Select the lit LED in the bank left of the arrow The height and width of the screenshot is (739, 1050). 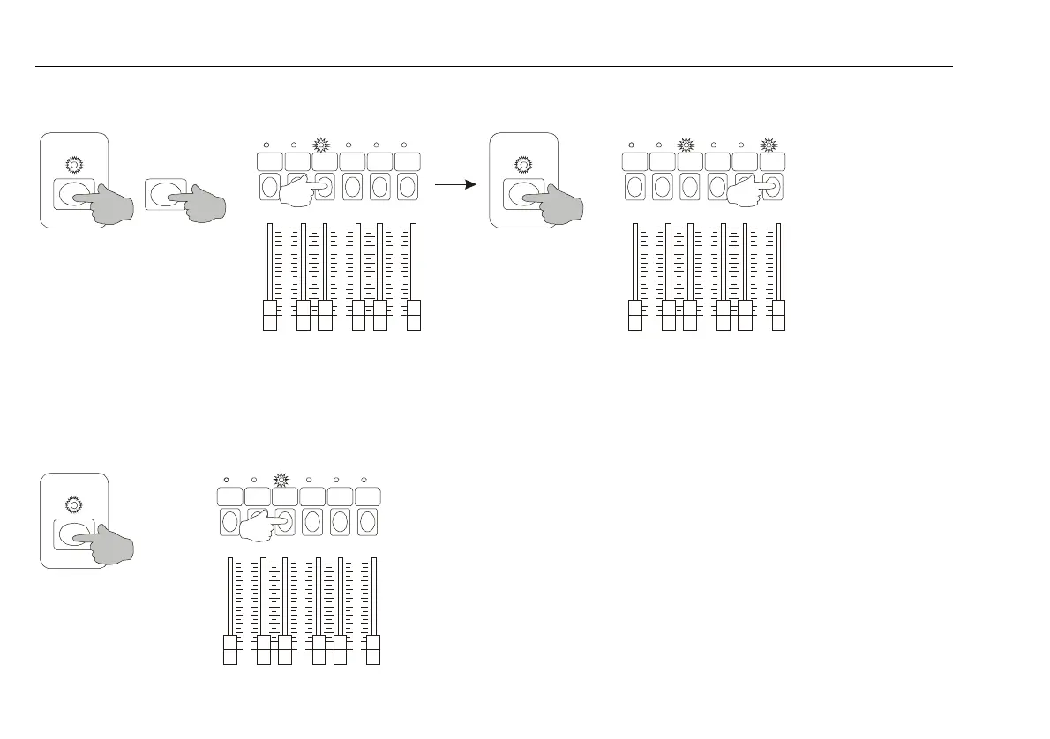(x=321, y=145)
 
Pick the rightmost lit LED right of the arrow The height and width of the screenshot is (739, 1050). (x=769, y=145)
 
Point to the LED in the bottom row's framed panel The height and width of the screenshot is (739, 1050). (x=73, y=505)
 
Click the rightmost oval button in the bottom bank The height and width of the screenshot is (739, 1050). (x=368, y=522)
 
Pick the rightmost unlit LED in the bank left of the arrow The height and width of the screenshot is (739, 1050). (x=403, y=145)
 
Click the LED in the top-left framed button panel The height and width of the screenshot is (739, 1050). (x=73, y=164)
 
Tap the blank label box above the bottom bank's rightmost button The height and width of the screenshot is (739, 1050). (x=367, y=496)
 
